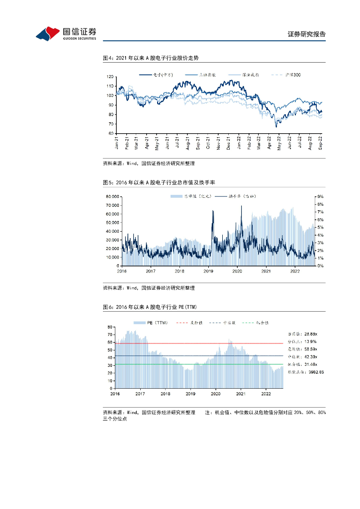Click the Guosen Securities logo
click(66, 33)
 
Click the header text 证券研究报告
click(307, 34)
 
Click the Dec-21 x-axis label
click(229, 143)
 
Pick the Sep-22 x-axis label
click(321, 143)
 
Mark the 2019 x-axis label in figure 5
click(208, 271)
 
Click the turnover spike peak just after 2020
click(241, 206)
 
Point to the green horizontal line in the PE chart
click(199, 364)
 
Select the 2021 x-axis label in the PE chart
click(241, 393)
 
